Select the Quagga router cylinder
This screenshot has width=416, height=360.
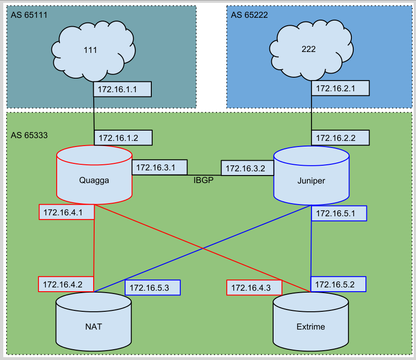(94, 180)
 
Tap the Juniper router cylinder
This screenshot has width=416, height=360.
(312, 180)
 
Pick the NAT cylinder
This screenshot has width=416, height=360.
(94, 326)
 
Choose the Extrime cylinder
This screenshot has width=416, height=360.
(311, 326)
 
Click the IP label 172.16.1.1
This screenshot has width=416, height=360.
(122, 89)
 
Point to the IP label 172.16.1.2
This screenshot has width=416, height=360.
(123, 137)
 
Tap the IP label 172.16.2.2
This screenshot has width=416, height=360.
(341, 137)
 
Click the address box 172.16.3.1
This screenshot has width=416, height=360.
(160, 167)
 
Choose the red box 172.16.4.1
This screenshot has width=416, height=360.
(67, 212)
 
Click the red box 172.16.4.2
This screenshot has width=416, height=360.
(67, 284)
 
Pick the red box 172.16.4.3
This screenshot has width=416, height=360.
(254, 287)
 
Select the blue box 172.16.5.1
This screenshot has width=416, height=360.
(339, 213)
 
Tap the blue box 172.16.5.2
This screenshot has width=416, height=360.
(338, 284)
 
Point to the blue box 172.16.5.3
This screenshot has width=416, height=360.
(153, 287)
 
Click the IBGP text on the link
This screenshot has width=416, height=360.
(204, 180)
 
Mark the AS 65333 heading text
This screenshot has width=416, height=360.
(29, 135)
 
